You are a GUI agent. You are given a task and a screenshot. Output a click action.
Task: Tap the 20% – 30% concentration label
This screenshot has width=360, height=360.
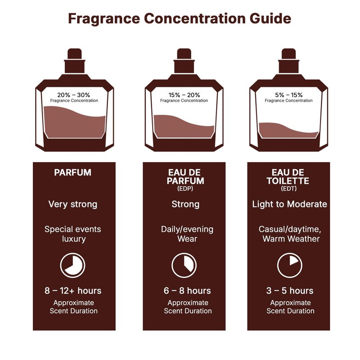74,95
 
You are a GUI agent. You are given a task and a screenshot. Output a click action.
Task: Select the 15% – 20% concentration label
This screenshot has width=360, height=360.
184,95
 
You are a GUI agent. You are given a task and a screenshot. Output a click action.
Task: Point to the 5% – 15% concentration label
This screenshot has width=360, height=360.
288,95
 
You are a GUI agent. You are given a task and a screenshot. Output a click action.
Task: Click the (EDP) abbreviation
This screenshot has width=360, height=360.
185,189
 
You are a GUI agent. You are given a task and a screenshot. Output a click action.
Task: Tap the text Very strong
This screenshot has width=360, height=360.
72,204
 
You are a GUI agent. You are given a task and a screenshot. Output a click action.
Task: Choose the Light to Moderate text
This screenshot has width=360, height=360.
289,204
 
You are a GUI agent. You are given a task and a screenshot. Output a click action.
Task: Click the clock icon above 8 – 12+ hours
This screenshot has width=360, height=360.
72,265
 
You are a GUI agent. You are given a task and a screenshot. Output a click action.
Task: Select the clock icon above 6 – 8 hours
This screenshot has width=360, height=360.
184,265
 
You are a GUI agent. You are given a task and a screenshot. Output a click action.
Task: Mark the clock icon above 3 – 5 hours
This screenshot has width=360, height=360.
289,265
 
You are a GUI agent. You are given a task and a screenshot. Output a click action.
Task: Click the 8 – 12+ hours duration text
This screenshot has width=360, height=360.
73,291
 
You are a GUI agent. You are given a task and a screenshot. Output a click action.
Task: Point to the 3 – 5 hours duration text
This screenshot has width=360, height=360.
290,291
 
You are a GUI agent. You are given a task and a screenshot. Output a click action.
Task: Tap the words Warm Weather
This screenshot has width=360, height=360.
291,238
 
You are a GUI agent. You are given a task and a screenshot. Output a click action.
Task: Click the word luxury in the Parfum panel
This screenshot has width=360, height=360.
74,238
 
